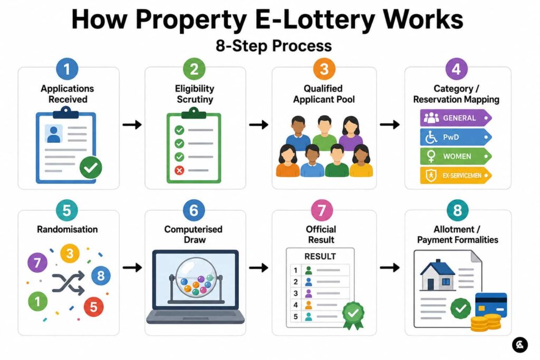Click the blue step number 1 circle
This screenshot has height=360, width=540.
tap(67, 69)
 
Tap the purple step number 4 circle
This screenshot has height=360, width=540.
tap(456, 69)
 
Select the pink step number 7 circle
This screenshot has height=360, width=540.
tap(322, 210)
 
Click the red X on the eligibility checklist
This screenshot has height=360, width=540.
tap(179, 170)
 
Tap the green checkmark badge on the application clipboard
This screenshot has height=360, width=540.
tap(91, 168)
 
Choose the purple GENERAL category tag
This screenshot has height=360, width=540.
tap(456, 118)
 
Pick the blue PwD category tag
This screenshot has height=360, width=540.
tap(456, 137)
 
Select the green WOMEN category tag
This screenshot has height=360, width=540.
tap(456, 156)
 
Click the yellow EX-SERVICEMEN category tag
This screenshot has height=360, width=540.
tap(456, 175)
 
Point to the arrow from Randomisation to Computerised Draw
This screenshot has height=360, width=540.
tap(132, 267)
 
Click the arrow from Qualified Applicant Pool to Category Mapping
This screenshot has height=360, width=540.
tap(390, 124)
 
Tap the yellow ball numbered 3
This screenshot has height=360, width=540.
tap(70, 254)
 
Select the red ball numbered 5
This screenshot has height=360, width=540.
tap(94, 307)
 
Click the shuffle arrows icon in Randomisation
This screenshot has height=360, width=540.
tap(68, 283)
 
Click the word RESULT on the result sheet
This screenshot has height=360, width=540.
tap(320, 256)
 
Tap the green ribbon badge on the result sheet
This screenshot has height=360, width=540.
tap(353, 315)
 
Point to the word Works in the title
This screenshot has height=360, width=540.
tap(423, 20)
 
